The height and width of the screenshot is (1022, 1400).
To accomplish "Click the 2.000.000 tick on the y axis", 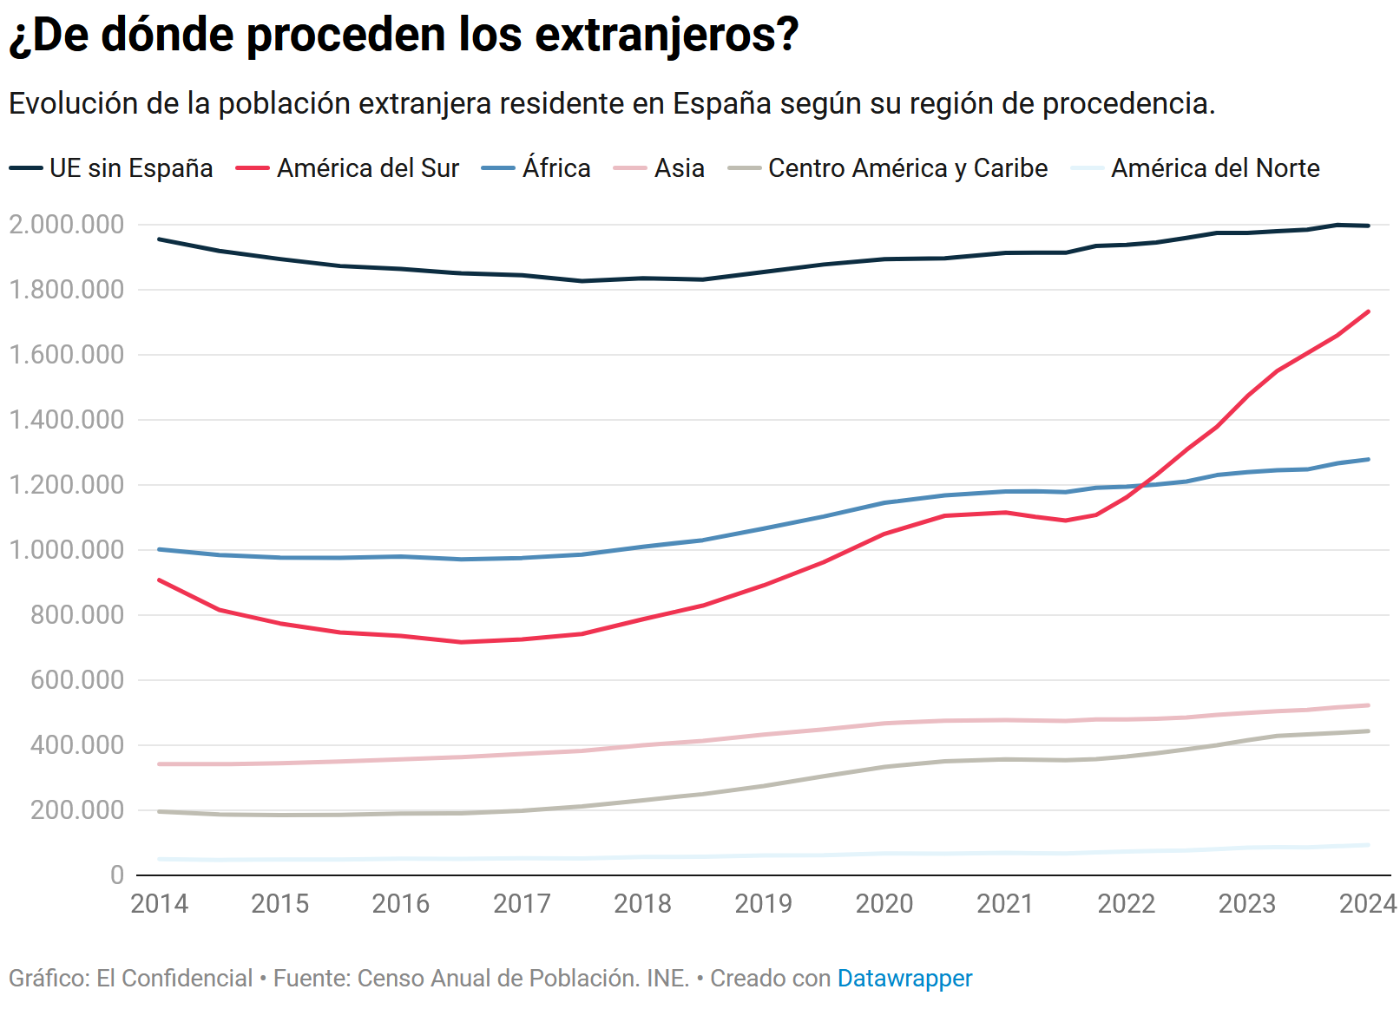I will pyautogui.click(x=67, y=225).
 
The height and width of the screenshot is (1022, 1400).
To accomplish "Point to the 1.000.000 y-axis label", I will pyautogui.click(x=67, y=550).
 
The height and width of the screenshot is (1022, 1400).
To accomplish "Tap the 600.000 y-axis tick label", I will pyautogui.click(x=77, y=680).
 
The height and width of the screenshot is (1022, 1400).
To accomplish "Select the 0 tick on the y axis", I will pyautogui.click(x=116, y=875).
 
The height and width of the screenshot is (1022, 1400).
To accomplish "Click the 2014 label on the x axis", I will pyautogui.click(x=159, y=904).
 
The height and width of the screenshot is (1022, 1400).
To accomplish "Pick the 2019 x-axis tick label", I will pyautogui.click(x=763, y=904).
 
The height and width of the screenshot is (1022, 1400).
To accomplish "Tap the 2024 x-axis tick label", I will pyautogui.click(x=1367, y=904).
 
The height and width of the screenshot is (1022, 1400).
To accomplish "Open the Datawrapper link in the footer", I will pyautogui.click(x=904, y=979).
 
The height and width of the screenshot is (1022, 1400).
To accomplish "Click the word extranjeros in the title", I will pyautogui.click(x=667, y=36).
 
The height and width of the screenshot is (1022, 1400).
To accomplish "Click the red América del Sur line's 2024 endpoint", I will pyautogui.click(x=1369, y=311).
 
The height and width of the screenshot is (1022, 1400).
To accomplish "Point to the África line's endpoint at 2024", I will pyautogui.click(x=1369, y=459).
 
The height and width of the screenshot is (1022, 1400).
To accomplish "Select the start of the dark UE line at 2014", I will pyautogui.click(x=159, y=239).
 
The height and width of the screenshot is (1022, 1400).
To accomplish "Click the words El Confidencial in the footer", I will pyautogui.click(x=174, y=979).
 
